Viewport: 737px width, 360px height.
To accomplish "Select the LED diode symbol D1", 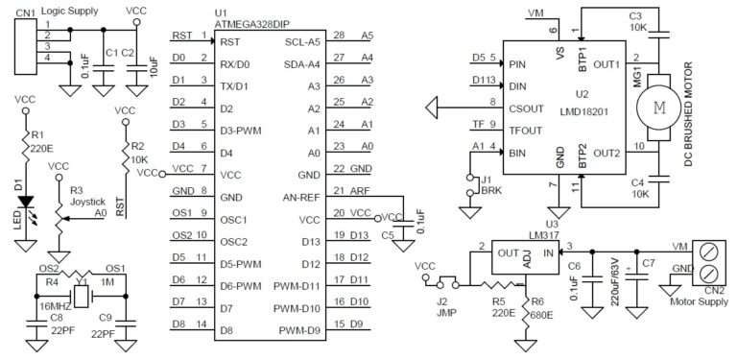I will coord(26,204).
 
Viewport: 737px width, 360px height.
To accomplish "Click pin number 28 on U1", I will coord(337,36).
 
